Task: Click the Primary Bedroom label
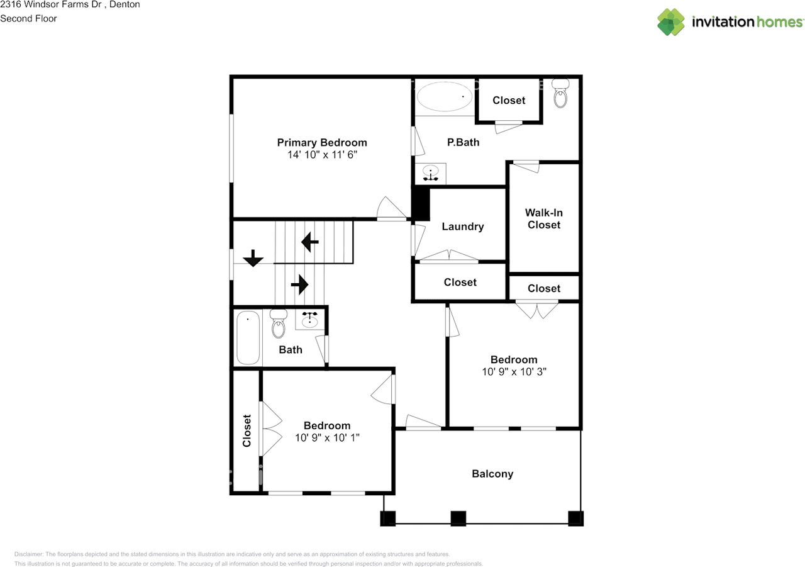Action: (322, 143)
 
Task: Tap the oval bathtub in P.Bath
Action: (445, 96)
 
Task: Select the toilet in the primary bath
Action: (560, 94)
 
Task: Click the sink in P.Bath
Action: (431, 172)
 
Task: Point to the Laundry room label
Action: (462, 227)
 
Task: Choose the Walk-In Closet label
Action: (544, 218)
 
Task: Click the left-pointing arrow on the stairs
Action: (310, 242)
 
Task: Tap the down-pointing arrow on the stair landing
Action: (253, 258)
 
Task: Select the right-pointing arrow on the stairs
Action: (300, 284)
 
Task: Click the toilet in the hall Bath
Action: (279, 323)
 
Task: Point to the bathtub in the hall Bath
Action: (248, 337)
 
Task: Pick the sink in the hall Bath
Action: (309, 320)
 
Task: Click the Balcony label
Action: (492, 474)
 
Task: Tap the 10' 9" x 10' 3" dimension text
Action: (514, 372)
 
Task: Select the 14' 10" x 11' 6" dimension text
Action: (322, 155)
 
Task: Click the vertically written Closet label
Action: (247, 430)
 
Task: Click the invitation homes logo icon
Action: (671, 22)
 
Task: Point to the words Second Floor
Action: (28, 19)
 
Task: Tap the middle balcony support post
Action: (458, 519)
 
